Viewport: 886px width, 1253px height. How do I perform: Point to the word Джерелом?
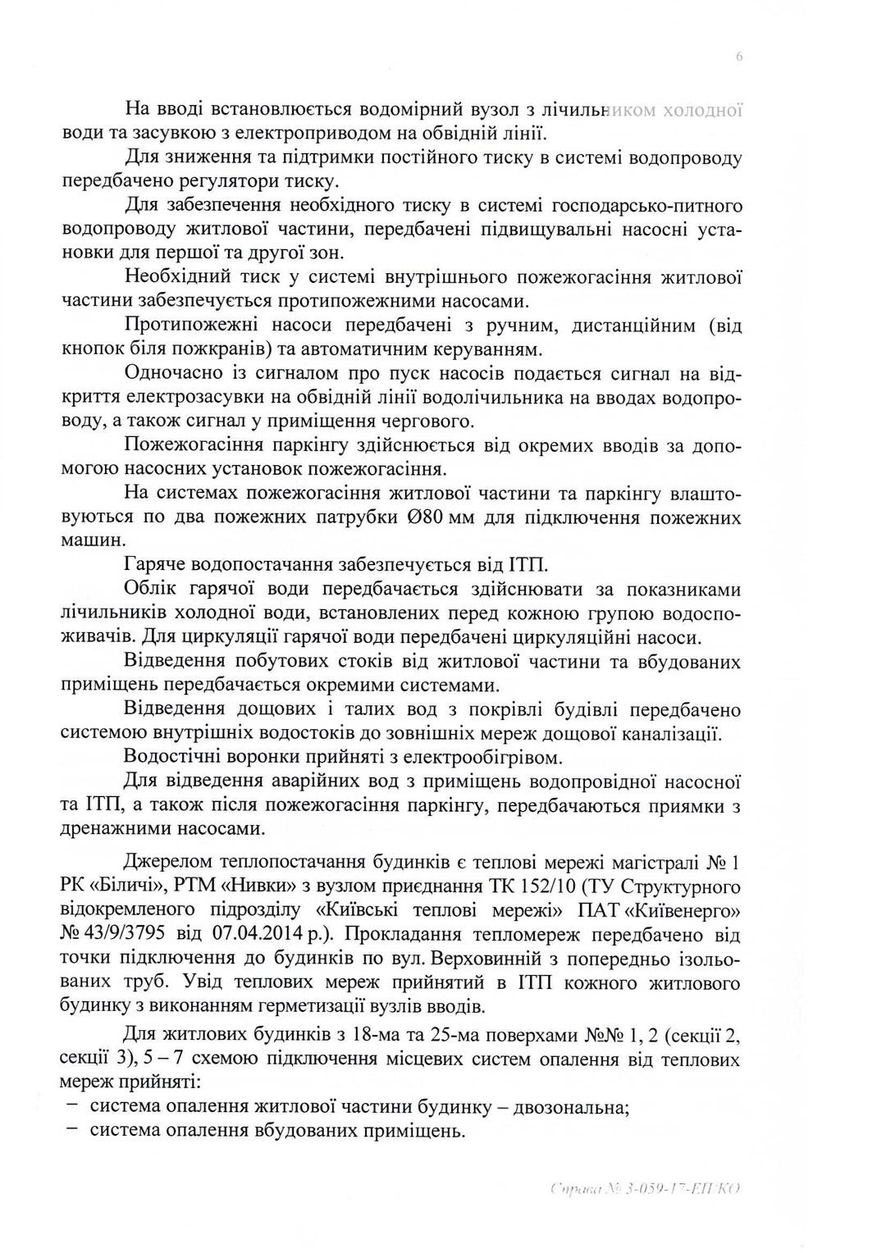click(171, 863)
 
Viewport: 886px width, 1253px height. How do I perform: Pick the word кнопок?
click(91, 350)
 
